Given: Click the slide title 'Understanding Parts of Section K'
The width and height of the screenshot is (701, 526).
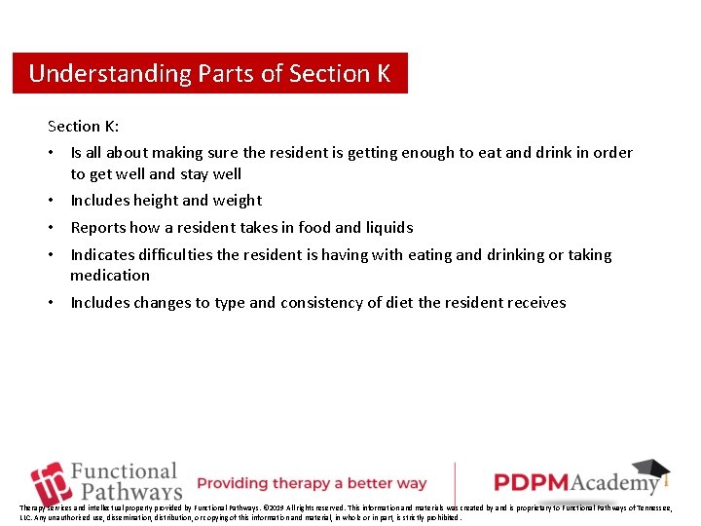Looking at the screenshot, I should coord(209,73).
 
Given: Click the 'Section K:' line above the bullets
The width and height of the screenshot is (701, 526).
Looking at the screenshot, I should coord(84,126).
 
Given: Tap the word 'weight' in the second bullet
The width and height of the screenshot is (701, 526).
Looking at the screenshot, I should coord(238,201).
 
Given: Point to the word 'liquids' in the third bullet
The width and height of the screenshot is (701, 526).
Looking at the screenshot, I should coord(389,228).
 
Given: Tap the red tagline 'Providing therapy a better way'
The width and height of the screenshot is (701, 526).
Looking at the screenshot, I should coord(312,483).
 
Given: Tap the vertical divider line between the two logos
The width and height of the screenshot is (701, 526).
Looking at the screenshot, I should coord(455,482).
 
